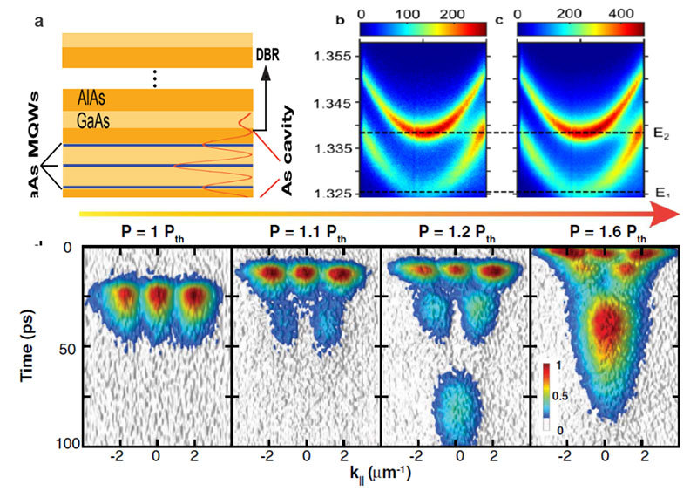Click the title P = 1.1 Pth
(x=306, y=235)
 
